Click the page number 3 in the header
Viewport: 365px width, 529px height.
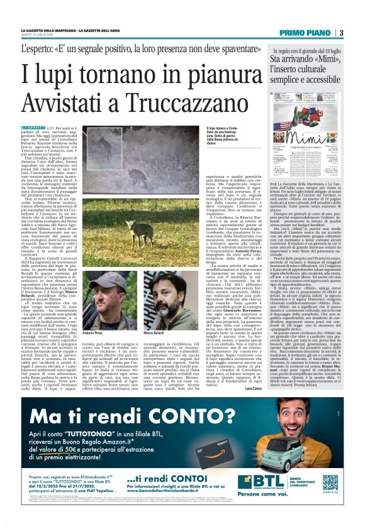pos(341,33)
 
